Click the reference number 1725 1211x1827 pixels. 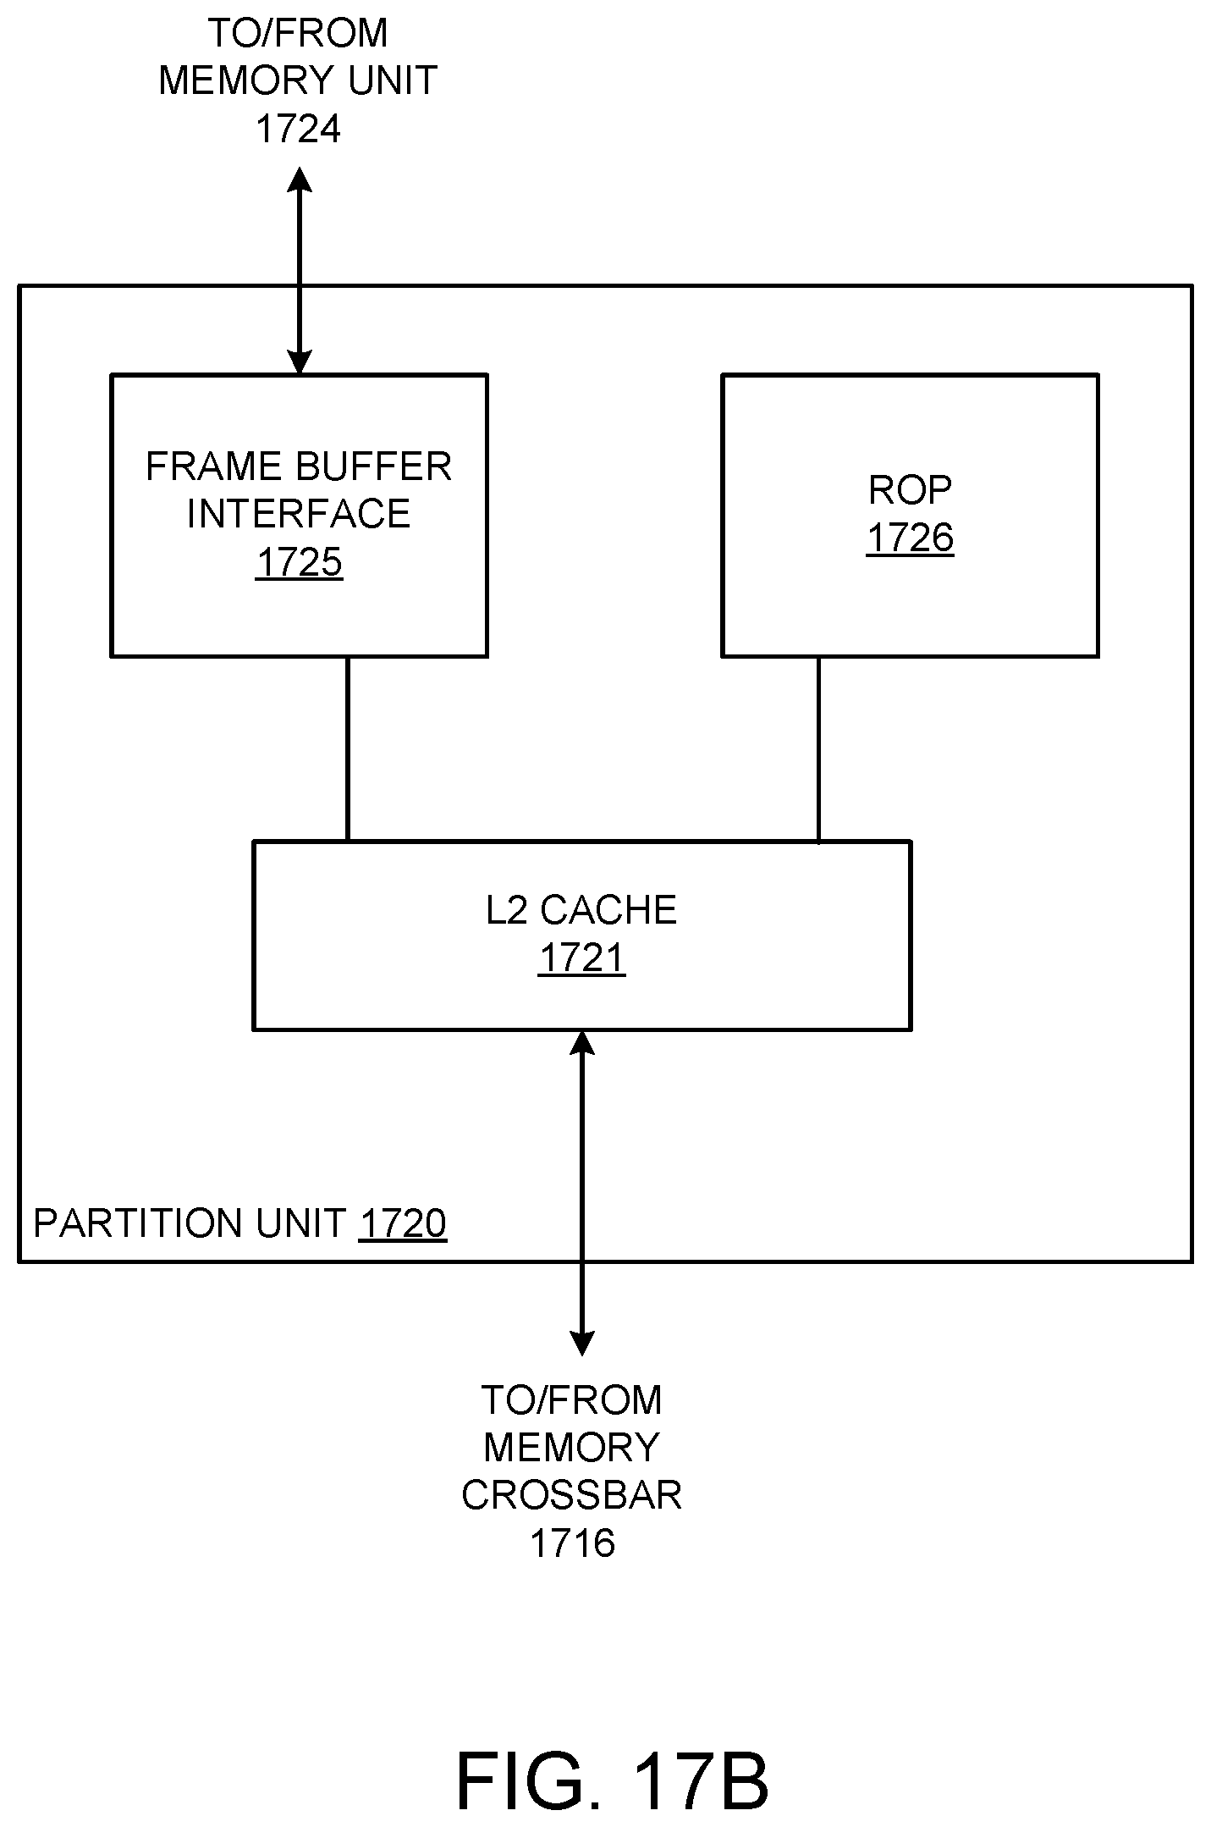point(299,562)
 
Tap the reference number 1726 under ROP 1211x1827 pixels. point(910,538)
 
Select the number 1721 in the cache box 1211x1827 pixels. point(581,958)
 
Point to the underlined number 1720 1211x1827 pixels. point(403,1224)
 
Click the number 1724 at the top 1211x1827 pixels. point(298,130)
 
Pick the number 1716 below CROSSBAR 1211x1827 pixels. point(572,1543)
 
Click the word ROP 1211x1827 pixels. point(910,490)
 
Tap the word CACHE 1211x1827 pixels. point(608,911)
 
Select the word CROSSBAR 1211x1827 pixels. point(572,1495)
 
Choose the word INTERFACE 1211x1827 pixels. point(299,514)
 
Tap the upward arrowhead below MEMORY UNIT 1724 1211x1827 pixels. point(299,180)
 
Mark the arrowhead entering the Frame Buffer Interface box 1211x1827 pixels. point(299,362)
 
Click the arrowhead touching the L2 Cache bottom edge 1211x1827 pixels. point(581,1043)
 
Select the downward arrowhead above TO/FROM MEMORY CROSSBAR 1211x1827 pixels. point(581,1343)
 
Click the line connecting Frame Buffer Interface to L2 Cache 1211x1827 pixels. point(347,748)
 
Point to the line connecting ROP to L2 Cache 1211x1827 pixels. point(817,748)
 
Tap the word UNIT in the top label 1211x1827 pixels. point(396,81)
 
